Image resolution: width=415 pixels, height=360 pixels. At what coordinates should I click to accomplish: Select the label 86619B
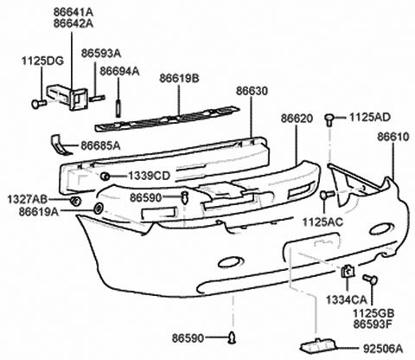179,78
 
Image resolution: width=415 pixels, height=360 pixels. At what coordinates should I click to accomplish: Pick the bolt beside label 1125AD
329,117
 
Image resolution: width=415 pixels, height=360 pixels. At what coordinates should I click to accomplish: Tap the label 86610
394,137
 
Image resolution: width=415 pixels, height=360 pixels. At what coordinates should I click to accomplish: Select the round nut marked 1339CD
104,177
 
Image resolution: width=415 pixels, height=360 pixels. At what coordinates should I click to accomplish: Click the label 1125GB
373,313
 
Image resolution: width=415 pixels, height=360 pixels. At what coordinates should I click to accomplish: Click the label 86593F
373,325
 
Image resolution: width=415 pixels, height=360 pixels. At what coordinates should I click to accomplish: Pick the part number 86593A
101,54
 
